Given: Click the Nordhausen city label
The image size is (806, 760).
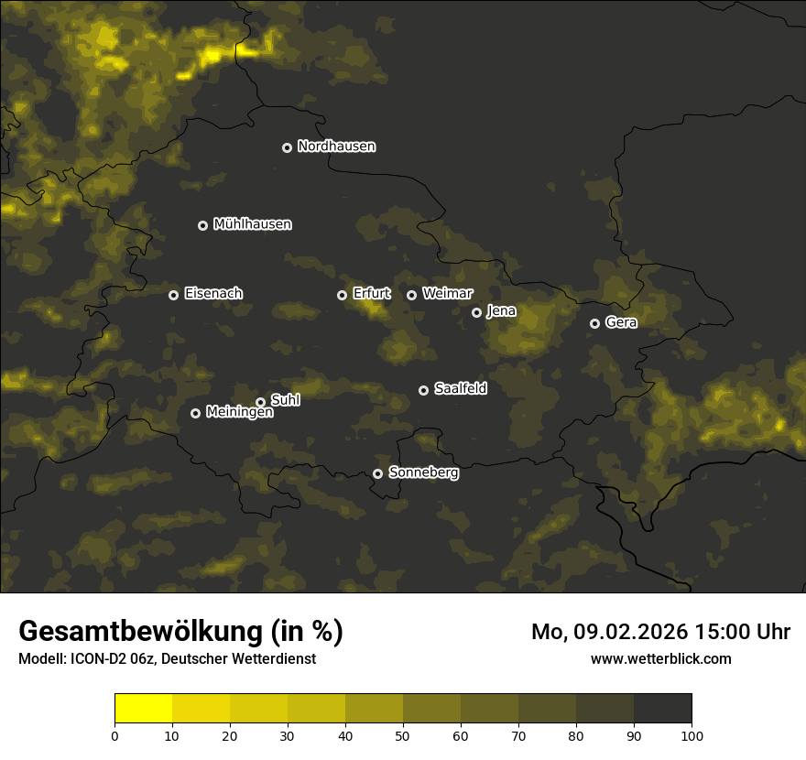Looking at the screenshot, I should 336,147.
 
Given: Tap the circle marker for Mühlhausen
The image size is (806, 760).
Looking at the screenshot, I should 202,225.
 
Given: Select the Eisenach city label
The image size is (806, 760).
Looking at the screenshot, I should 213,294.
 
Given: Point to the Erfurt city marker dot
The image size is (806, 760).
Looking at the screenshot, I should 342,295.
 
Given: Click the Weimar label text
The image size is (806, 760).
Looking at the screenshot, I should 448,294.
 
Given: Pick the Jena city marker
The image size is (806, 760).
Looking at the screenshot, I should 476,312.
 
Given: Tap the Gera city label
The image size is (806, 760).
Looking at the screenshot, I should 621,322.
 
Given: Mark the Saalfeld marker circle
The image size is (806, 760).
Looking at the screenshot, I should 423,390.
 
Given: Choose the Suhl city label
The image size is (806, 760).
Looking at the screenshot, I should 286,400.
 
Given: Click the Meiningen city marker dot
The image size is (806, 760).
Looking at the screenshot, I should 195,413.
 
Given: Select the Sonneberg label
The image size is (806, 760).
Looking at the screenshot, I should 423,472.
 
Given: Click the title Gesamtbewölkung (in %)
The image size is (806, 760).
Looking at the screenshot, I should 180,632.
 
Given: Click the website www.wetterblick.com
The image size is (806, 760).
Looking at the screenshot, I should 660,658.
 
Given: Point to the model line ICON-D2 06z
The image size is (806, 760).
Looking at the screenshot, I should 167,658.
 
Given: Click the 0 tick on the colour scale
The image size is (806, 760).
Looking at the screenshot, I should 114,735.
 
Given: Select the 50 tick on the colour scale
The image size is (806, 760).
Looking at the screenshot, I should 403,735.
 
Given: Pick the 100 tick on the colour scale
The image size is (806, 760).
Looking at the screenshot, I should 692,735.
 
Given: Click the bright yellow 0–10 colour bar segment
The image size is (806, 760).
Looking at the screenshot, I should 143,708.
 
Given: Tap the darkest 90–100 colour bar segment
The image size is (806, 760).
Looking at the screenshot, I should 662,708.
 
